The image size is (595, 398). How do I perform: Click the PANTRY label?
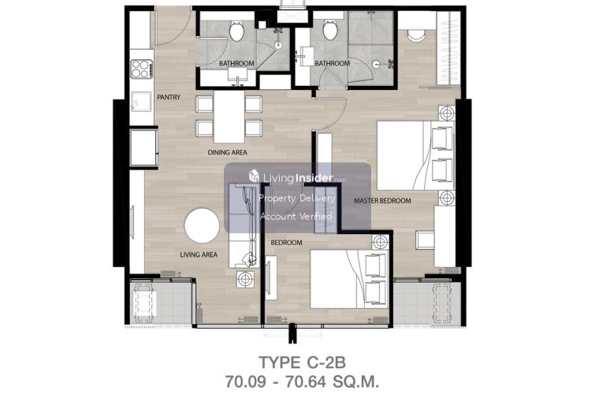[x=169, y=97]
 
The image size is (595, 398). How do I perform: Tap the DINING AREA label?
[x=227, y=153]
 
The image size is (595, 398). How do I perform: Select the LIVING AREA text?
[x=199, y=255]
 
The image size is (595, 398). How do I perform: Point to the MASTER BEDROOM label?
[x=382, y=201]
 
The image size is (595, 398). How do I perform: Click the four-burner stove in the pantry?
[x=142, y=69]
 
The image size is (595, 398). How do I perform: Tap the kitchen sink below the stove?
[x=141, y=102]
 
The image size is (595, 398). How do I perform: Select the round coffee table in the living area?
[x=202, y=225]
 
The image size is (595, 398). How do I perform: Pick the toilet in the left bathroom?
[x=236, y=31]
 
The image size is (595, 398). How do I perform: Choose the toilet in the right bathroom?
[x=329, y=29]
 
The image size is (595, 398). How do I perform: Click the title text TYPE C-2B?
[x=302, y=363]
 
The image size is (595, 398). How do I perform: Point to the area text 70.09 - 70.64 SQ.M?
[x=302, y=381]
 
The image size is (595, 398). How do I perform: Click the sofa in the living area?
[x=244, y=225]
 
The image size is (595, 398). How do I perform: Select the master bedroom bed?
[x=415, y=155]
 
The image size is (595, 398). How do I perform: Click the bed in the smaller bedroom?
[x=349, y=279]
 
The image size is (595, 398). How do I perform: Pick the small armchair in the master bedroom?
[x=426, y=240]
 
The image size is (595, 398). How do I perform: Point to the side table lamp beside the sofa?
[x=245, y=279]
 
